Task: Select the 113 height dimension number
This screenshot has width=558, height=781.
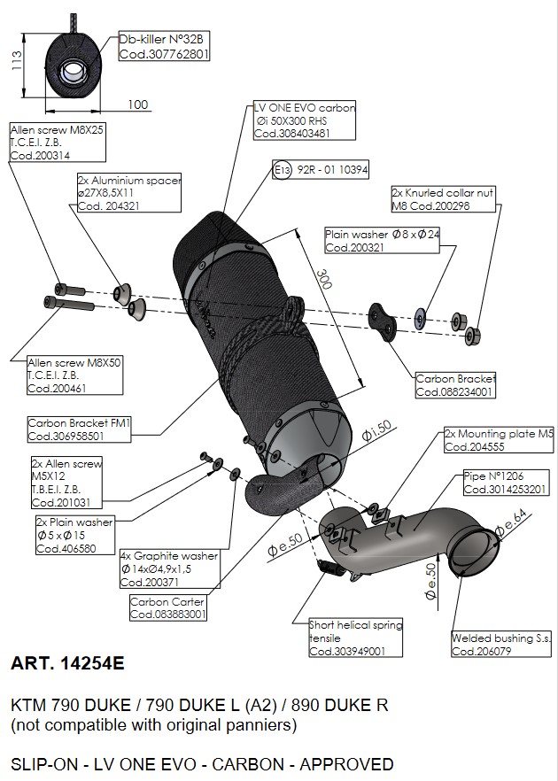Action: coord(15,59)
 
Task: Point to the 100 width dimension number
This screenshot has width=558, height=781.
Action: coord(137,104)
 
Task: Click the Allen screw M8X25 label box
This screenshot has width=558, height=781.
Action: coord(57,142)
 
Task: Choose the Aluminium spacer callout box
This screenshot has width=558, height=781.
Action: coord(129,193)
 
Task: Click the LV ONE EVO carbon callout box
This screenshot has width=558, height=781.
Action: coord(304,120)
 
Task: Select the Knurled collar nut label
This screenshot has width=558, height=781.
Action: coord(443,199)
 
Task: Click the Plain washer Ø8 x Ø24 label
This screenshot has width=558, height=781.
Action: coord(382,242)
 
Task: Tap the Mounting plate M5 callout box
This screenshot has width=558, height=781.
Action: coord(499,440)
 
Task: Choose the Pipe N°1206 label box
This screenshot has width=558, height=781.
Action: coord(506,483)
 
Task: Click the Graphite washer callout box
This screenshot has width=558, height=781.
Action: coord(169,569)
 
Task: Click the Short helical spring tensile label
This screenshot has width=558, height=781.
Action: coord(354,638)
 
